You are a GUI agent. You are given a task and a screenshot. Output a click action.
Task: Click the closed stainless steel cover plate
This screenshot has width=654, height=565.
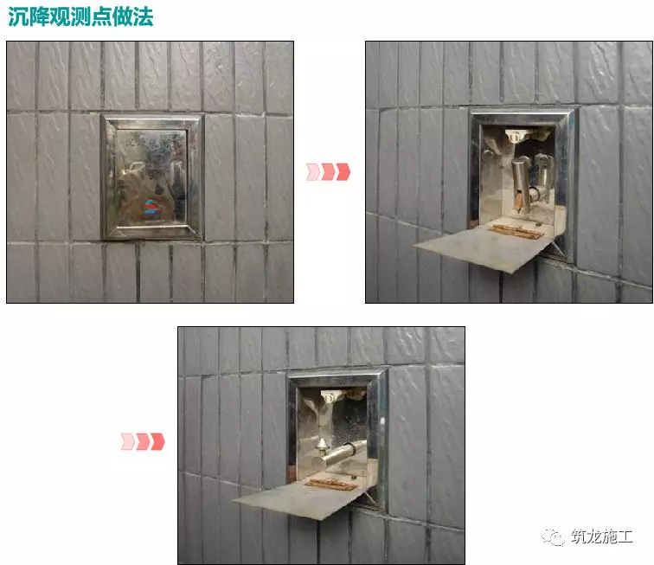point(151,177)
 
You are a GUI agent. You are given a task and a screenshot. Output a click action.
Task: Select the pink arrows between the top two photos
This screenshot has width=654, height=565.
point(329,171)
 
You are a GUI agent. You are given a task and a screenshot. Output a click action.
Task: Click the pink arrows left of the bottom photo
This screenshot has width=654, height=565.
point(143,441)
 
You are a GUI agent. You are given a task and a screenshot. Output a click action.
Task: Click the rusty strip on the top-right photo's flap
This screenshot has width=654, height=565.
point(517,231)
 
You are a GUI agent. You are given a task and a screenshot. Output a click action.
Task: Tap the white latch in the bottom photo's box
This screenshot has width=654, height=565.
point(331,396)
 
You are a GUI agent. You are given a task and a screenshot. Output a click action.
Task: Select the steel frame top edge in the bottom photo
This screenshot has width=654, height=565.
point(337,377)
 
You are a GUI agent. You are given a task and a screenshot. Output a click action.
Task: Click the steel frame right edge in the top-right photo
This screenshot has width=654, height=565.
point(572,182)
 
